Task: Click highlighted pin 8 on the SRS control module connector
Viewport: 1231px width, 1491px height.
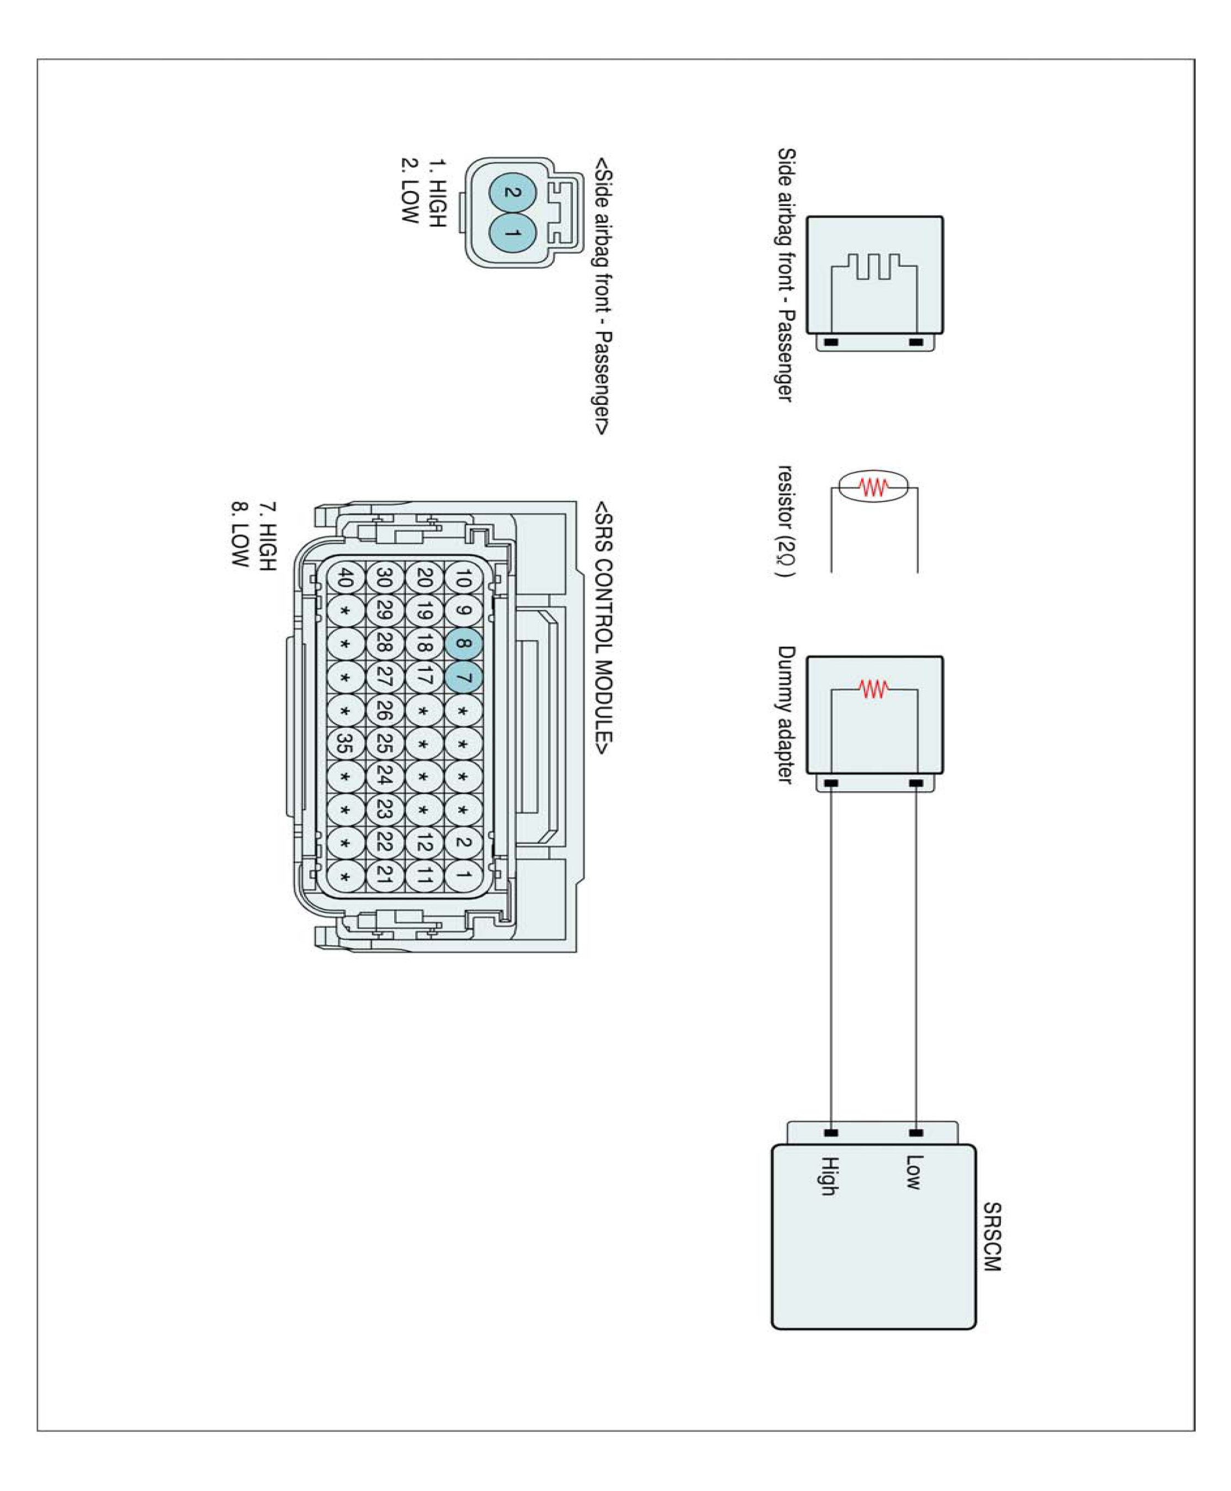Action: point(463,644)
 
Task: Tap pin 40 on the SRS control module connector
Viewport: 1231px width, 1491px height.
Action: point(346,578)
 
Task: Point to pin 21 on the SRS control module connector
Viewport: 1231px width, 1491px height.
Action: point(384,875)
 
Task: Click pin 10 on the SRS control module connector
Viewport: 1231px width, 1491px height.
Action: point(463,579)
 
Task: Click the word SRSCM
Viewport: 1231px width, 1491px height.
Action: point(992,1236)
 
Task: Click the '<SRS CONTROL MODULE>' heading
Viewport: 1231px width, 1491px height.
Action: point(603,628)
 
